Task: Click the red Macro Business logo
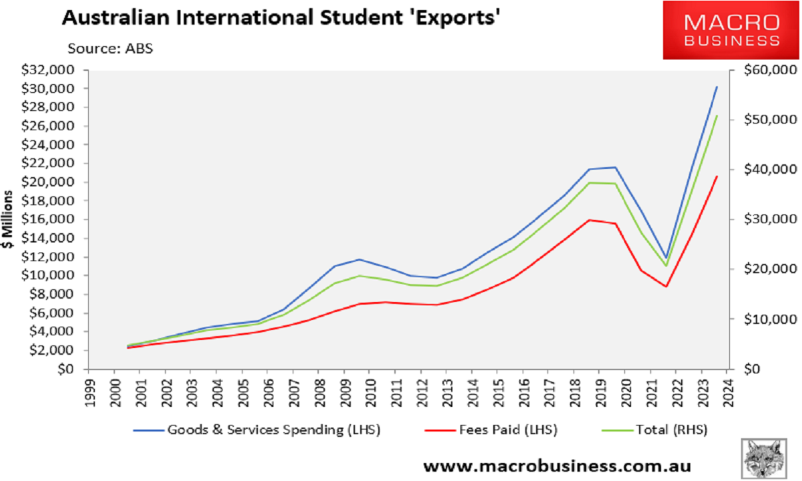click(730, 30)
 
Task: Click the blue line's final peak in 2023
click(716, 87)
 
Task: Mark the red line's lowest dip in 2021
click(666, 287)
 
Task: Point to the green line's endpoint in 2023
click(716, 116)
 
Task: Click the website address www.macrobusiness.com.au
click(557, 465)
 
